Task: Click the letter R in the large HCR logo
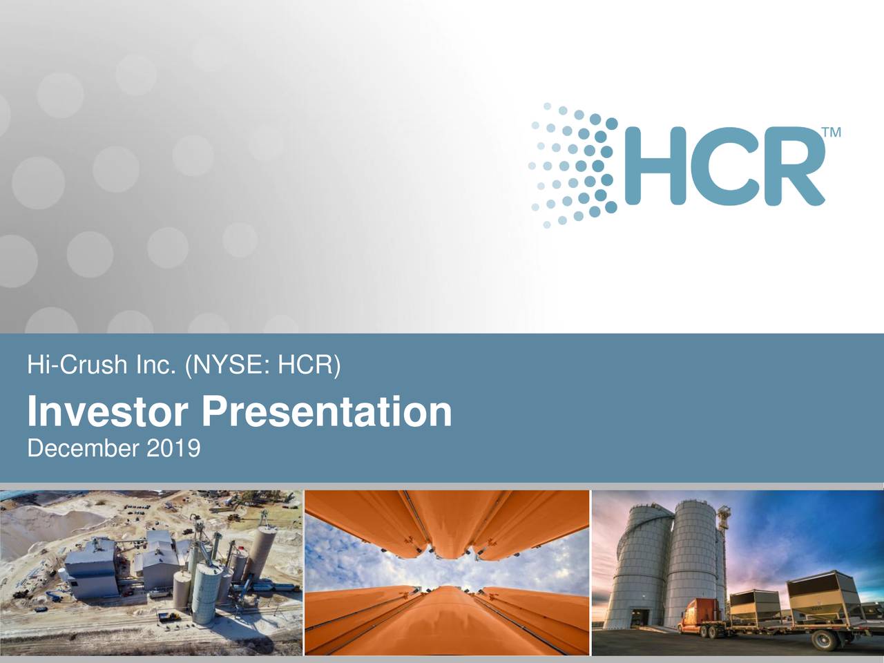point(794,166)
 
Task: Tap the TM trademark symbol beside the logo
point(831,133)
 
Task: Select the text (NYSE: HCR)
point(262,365)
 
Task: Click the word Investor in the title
point(107,412)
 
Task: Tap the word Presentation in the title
point(327,412)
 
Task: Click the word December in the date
point(84,449)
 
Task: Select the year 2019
point(173,449)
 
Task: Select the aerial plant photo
point(151,573)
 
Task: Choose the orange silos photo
point(447,573)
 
